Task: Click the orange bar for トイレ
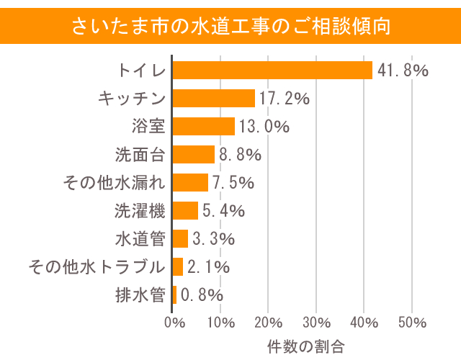click(273, 70)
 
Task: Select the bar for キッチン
click(214, 98)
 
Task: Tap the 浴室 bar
click(204, 126)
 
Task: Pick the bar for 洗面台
click(194, 154)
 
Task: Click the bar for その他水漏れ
click(191, 182)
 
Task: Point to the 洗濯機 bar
click(186, 210)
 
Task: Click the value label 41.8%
click(402, 71)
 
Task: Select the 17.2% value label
click(284, 99)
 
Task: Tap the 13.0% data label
click(264, 127)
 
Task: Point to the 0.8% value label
click(202, 295)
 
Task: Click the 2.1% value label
click(208, 267)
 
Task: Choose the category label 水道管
click(140, 238)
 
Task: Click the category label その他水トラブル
click(97, 266)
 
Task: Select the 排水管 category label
click(140, 294)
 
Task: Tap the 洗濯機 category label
click(140, 210)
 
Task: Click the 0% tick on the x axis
click(174, 321)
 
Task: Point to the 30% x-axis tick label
click(316, 321)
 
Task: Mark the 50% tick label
click(411, 321)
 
